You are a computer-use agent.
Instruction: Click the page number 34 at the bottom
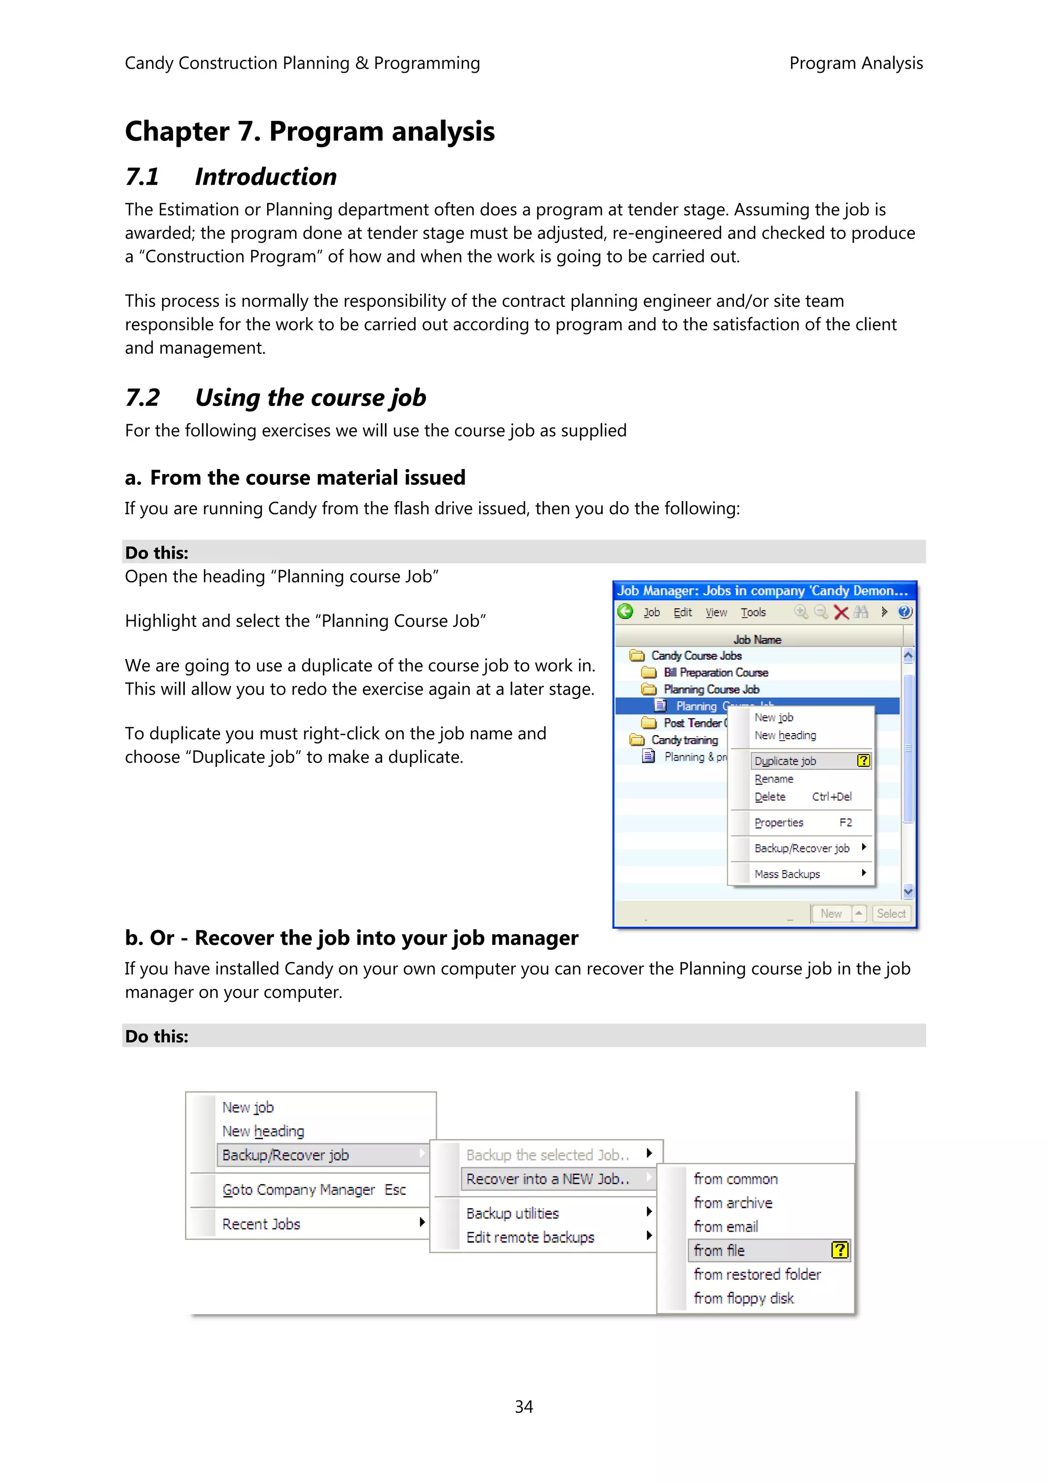pos(523,1406)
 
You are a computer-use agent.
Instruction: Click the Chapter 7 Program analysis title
pos(310,131)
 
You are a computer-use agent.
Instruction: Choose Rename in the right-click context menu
pos(774,779)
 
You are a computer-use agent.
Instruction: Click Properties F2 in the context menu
pos(779,822)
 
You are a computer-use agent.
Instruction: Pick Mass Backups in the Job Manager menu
pos(787,874)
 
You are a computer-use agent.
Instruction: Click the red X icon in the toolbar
pos(841,612)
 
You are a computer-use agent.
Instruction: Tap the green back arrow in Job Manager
pos(625,612)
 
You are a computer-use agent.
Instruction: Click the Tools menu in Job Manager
pos(753,612)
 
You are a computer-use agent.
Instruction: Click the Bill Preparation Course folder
pos(715,672)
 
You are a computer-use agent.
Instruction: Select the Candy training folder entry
pos(684,740)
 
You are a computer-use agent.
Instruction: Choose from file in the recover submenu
pos(719,1251)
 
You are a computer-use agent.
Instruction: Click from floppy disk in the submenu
pos(743,1298)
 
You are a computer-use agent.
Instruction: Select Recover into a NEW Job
pos(548,1179)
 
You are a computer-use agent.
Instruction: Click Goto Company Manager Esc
pos(314,1190)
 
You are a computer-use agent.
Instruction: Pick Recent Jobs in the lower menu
pos(261,1224)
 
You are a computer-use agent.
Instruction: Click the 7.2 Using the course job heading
pos(276,398)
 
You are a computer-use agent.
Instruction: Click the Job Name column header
pos(757,639)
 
